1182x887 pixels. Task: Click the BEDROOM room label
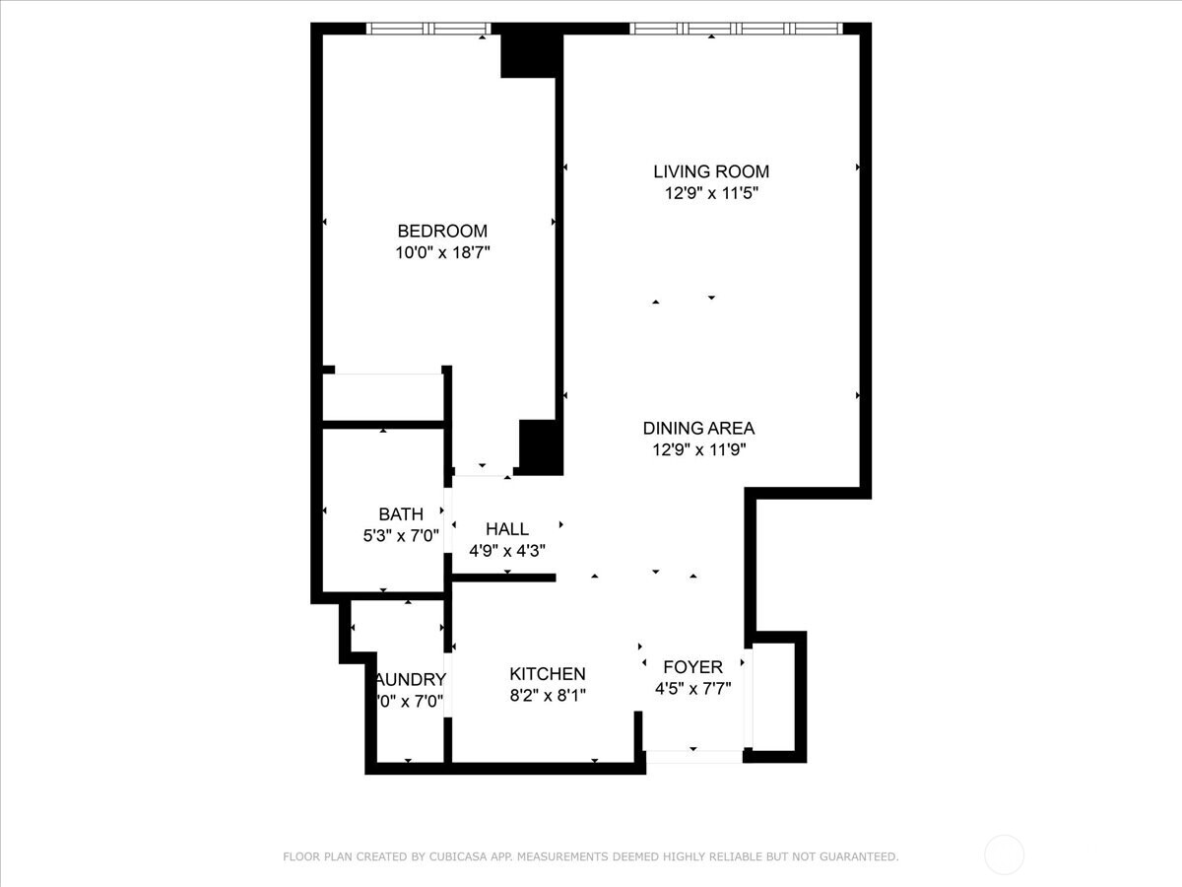442,231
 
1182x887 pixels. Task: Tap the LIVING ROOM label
711,171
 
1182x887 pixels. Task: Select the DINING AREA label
698,428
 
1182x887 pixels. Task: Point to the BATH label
401,514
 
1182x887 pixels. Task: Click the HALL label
506,529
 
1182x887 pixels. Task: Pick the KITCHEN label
547,674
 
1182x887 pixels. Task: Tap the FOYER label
692,667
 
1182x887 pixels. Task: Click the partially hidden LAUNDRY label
412,680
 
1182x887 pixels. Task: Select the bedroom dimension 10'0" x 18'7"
442,253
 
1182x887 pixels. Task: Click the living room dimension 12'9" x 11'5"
711,194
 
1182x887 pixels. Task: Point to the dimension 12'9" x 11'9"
698,450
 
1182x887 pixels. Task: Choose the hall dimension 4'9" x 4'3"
506,551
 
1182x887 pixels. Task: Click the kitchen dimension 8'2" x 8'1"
547,696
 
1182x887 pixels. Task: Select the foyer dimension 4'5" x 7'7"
692,690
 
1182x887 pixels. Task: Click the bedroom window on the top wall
428,29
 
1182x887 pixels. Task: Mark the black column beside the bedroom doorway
539,445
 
